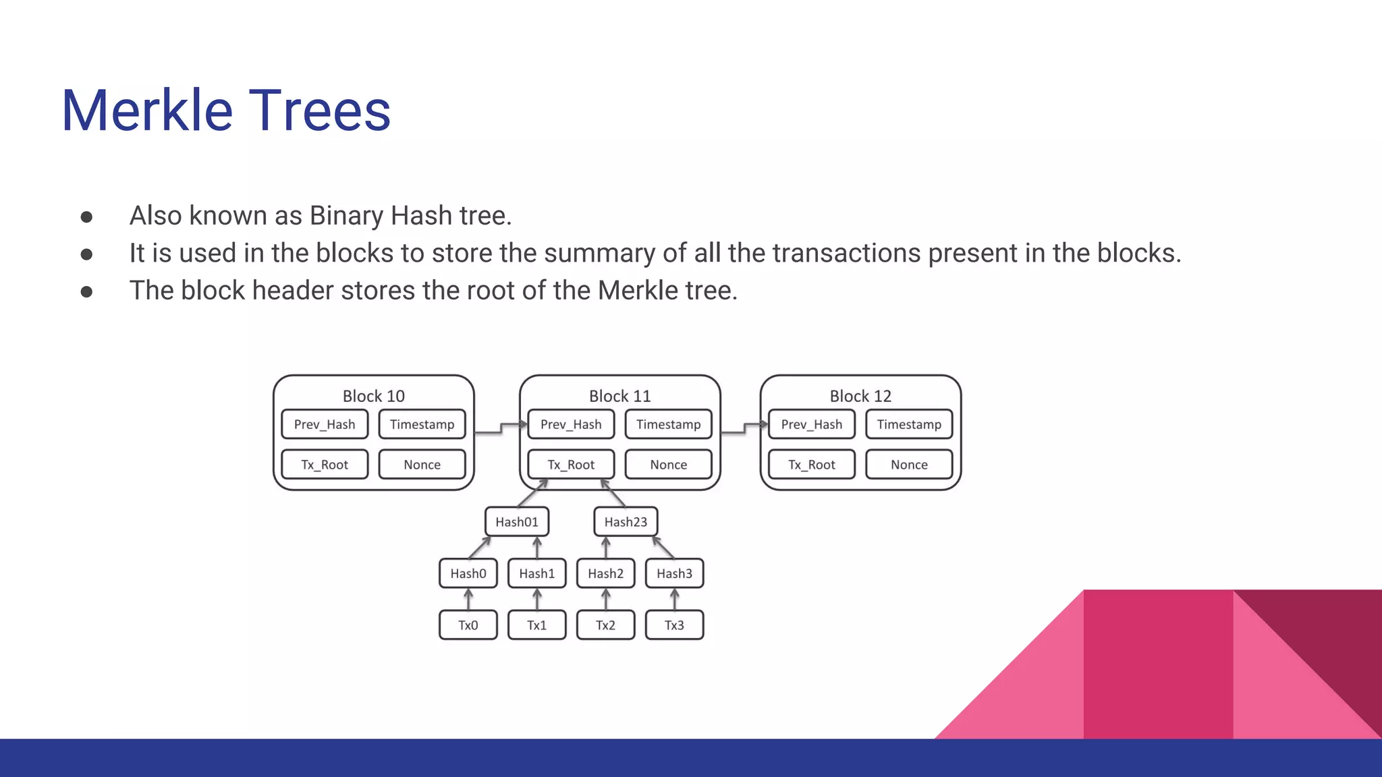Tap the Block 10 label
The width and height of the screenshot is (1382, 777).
pos(373,396)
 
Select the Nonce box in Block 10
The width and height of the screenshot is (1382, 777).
pos(422,465)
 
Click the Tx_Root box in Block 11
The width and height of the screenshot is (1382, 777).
pos(571,465)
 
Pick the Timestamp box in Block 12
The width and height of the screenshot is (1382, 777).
pos(909,424)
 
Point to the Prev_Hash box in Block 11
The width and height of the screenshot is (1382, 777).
pos(571,424)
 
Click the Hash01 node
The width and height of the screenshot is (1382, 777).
pos(517,521)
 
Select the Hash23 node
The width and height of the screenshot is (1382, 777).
pos(626,521)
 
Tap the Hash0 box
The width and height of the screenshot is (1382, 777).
pos(468,573)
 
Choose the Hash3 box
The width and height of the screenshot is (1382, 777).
pos(674,573)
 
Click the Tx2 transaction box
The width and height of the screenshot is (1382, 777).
pos(605,625)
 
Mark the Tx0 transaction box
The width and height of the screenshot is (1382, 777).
pos(468,625)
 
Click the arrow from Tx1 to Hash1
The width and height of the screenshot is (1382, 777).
pos(537,599)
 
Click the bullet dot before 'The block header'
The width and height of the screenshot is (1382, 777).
pos(86,291)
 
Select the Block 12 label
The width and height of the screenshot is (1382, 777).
pos(860,396)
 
